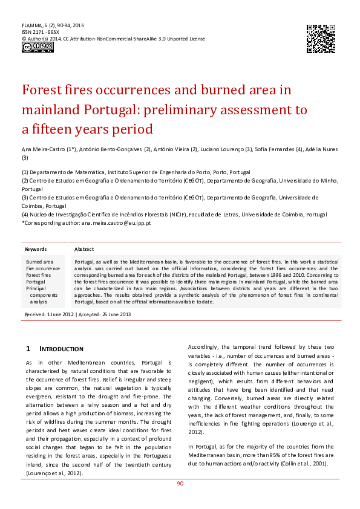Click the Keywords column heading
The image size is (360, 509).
tap(36, 249)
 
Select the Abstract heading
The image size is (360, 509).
tap(83, 249)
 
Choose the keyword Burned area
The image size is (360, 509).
tap(39, 262)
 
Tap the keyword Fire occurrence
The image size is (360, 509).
tap(43, 268)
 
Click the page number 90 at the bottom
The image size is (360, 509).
tap(180, 484)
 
